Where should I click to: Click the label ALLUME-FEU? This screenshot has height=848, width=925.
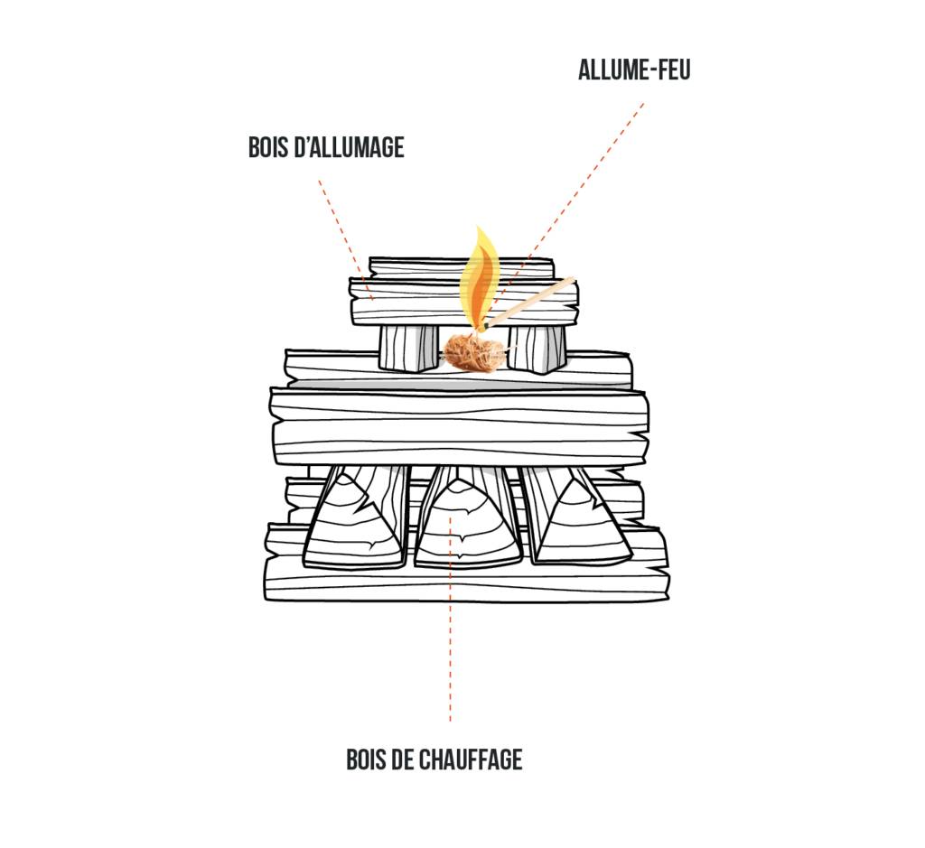[634, 70]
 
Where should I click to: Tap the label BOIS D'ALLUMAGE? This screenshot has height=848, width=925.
[326, 147]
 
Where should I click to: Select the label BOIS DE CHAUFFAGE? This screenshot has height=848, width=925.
[434, 759]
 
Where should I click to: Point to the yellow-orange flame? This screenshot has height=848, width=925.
[480, 275]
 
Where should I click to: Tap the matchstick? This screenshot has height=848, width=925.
[533, 303]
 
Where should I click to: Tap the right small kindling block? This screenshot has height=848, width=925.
[537, 347]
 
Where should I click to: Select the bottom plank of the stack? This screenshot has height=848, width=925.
[465, 582]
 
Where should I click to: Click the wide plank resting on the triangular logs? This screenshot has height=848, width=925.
[459, 426]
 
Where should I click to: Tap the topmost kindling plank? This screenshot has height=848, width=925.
[461, 268]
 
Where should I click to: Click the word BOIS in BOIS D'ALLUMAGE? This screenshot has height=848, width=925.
[270, 147]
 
